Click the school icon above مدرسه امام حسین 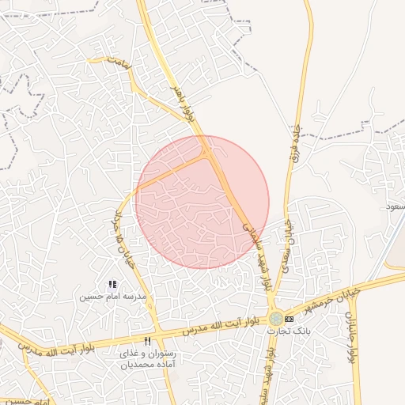coord(112,284)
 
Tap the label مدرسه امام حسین coord(113,297)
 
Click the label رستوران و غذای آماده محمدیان coord(148,360)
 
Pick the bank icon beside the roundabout coord(290,319)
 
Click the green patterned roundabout coord(274,318)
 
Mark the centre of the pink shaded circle coord(202,202)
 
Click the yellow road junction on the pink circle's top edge coord(208,152)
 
